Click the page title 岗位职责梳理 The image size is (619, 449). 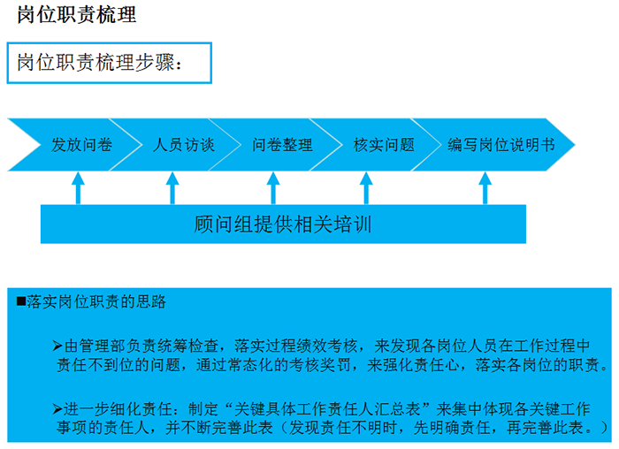point(77,15)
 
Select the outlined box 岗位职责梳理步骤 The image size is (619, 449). point(110,63)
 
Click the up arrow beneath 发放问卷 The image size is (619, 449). point(78,187)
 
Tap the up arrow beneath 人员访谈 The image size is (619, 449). point(172,187)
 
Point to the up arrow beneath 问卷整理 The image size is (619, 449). point(273,187)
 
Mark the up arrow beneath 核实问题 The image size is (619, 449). point(366,187)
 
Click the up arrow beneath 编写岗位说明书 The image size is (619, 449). point(485,187)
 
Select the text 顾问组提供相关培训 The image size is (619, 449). point(283,224)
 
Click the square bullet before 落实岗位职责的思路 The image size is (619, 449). point(21,301)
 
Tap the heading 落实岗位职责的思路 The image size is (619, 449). point(96,301)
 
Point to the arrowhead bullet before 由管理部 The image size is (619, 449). point(57,346)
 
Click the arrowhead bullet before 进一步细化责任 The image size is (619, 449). point(57,409)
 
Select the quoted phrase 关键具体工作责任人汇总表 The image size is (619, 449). point(327,409)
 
